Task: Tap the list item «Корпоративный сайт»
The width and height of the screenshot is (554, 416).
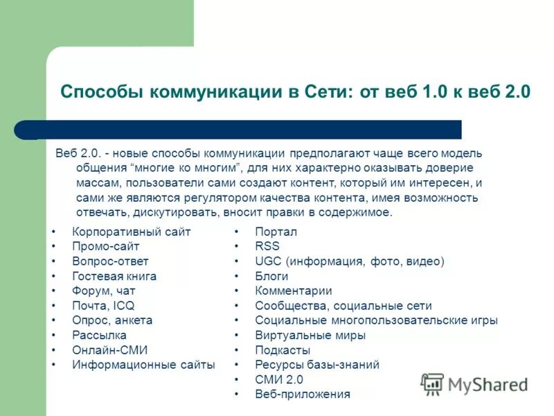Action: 131,232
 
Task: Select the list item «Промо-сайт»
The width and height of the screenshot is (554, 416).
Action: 106,246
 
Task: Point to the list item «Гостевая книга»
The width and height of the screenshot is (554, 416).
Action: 114,276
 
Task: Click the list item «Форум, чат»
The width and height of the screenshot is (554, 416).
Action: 104,291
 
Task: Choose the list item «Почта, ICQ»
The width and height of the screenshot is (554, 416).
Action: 103,306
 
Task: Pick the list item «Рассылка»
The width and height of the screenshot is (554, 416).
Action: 99,336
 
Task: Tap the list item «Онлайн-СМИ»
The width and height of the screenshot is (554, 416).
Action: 110,350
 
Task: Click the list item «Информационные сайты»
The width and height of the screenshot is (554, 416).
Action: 143,365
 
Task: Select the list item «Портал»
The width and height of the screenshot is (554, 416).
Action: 276,232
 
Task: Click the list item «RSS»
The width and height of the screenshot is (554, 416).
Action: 267,246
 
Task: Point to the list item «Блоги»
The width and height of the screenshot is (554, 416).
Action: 271,276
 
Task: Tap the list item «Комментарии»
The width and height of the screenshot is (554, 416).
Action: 293,291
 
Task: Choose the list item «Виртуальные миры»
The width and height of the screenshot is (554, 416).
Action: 310,336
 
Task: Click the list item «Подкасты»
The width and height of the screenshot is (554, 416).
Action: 283,350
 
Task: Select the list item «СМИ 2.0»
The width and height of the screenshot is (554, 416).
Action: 279,380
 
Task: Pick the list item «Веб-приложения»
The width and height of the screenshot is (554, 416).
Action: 302,395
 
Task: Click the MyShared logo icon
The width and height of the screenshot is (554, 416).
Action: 432,384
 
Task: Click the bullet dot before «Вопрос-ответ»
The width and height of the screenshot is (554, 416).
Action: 53,261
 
